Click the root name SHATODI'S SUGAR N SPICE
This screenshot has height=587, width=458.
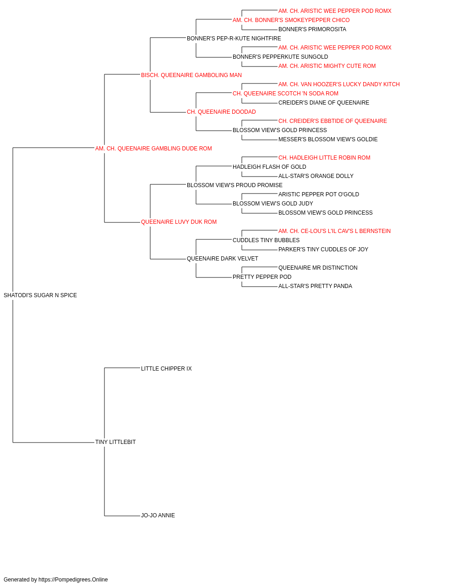tap(40, 295)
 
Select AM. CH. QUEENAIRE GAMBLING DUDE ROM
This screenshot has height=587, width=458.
tap(153, 149)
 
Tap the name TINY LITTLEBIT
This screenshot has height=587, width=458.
tap(115, 442)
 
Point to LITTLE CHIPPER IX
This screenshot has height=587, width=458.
tap(166, 369)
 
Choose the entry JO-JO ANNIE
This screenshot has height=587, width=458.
tap(158, 515)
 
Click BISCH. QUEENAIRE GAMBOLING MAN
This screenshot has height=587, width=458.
tap(191, 75)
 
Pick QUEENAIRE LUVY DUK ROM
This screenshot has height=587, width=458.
tap(179, 222)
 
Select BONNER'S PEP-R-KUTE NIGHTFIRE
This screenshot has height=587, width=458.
tap(234, 39)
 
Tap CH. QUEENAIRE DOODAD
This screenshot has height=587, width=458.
tap(221, 112)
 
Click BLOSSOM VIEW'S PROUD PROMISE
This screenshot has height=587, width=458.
tap(234, 185)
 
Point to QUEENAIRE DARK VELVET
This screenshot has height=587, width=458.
tap(222, 259)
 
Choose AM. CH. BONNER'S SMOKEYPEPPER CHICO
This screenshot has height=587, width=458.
tap(291, 20)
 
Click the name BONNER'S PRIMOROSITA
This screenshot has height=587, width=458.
tap(312, 29)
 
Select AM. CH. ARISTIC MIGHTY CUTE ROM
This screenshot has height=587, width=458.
tap(327, 66)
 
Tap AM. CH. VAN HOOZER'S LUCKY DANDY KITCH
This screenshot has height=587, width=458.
tap(339, 84)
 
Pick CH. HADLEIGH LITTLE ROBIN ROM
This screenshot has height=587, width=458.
tap(324, 158)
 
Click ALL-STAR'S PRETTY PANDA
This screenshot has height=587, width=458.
tap(315, 286)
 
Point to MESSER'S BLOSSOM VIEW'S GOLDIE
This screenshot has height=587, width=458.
tap(328, 139)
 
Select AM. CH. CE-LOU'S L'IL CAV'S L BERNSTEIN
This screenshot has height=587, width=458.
tap(334, 231)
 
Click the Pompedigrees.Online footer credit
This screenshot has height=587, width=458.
tap(55, 580)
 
